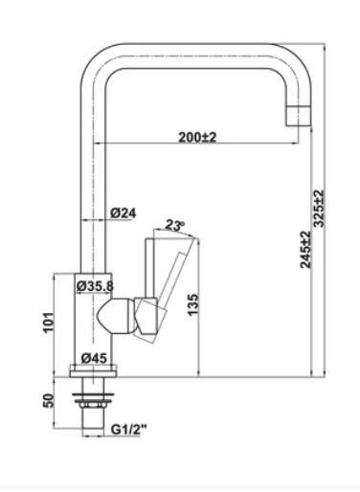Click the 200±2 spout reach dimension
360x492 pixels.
click(197, 137)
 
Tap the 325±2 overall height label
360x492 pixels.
click(319, 209)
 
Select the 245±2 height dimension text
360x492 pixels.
click(305, 250)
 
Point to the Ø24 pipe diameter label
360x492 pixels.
click(124, 212)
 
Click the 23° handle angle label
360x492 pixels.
click(175, 225)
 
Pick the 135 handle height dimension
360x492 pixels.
click(192, 304)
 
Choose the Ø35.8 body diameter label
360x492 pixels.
click(95, 286)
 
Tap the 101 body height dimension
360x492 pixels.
click(49, 323)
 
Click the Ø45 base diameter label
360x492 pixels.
click(94, 358)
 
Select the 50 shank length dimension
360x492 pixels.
click(48, 400)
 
